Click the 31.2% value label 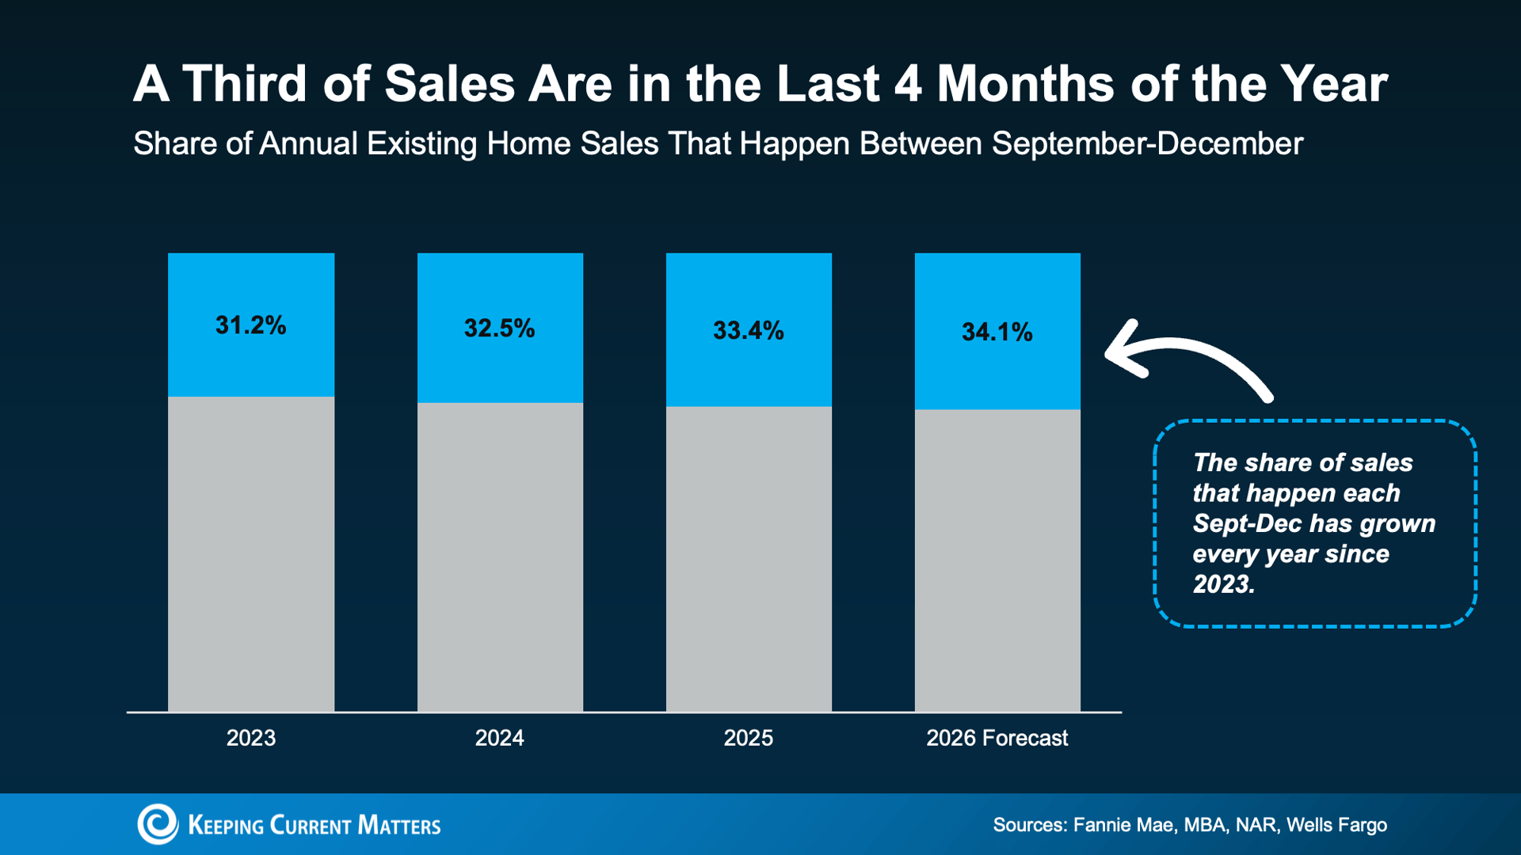tap(250, 325)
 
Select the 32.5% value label tap(499, 329)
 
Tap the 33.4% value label tap(748, 330)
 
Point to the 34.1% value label tap(997, 332)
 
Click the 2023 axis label tap(251, 738)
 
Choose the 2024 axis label tap(499, 738)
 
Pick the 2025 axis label tap(748, 738)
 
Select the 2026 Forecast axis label tap(997, 738)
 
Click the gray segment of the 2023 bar tap(251, 554)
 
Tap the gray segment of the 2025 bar tap(749, 559)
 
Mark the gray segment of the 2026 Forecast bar tap(997, 560)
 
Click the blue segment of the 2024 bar tap(500, 328)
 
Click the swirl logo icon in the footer tap(158, 824)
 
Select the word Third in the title tap(245, 83)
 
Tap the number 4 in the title tap(908, 83)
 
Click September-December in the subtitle tap(1147, 144)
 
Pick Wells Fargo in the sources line tap(1336, 825)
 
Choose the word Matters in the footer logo tap(398, 825)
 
